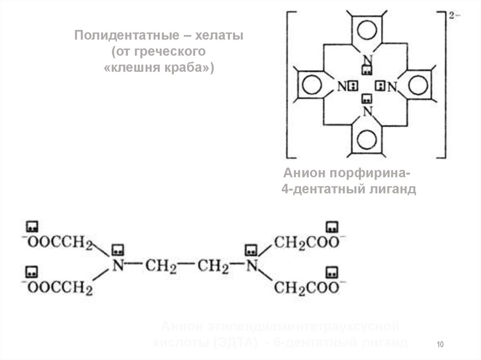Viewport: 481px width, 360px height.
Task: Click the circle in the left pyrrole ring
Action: [311, 85]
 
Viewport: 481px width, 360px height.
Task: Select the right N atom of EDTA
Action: [252, 266]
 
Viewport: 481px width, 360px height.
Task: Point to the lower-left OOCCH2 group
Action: [59, 287]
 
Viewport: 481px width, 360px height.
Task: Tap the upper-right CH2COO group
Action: [305, 243]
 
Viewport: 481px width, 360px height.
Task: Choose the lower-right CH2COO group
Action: [305, 287]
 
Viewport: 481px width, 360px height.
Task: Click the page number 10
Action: [440, 345]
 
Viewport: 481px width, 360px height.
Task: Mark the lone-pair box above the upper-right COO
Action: [333, 226]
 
